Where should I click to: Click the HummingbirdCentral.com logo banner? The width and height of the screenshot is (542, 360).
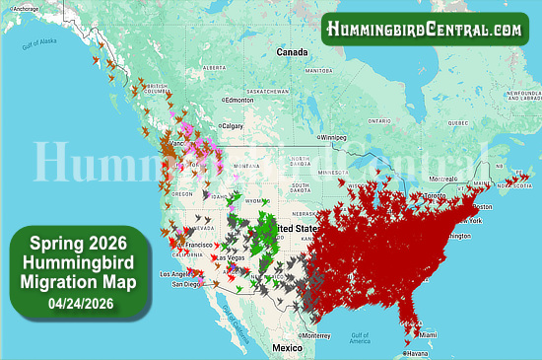[x=425, y=30]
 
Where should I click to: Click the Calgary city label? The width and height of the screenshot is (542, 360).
[x=233, y=125]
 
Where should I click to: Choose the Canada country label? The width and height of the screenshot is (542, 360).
[x=292, y=51]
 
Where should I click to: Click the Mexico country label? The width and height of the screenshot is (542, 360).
[x=288, y=348]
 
